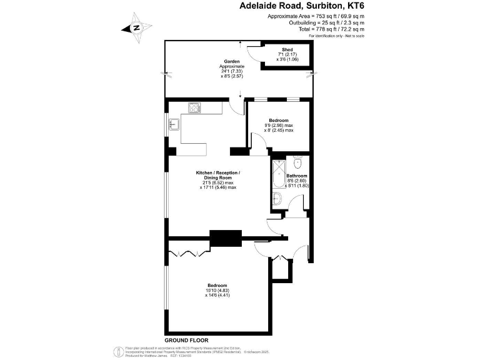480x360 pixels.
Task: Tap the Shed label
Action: tap(287, 49)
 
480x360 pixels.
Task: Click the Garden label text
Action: tap(232, 62)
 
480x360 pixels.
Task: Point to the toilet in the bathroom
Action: tap(297, 163)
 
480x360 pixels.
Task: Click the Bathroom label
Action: tap(297, 176)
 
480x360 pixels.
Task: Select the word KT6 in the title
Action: tap(351, 6)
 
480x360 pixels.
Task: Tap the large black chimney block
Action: tap(226, 238)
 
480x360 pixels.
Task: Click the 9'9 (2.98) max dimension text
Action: tap(279, 125)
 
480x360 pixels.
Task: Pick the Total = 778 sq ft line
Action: tap(334, 29)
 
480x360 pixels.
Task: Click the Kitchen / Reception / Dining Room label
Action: tap(218, 175)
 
